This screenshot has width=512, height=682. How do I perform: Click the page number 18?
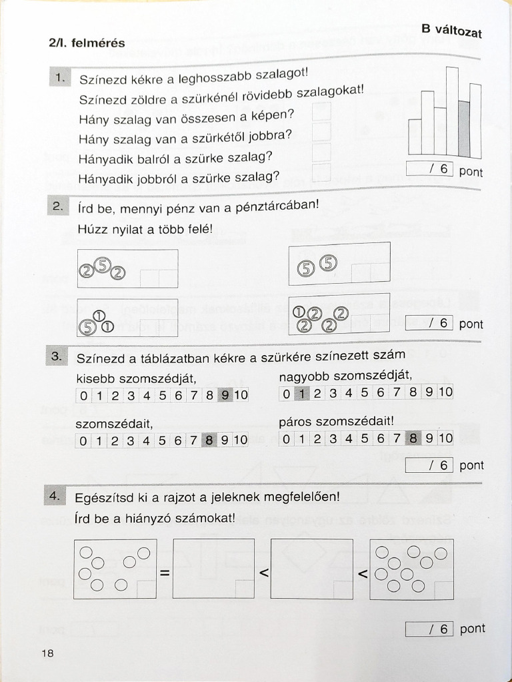pyautogui.click(x=47, y=653)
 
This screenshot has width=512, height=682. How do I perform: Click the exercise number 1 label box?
pyautogui.click(x=59, y=78)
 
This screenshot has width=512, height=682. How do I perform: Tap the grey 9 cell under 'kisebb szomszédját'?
pyautogui.click(x=225, y=396)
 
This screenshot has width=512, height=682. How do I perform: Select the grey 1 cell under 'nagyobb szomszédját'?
pyautogui.click(x=302, y=393)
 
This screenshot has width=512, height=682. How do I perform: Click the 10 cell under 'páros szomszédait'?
pyautogui.click(x=445, y=438)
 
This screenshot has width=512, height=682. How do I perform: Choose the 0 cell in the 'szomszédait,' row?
pyautogui.click(x=83, y=440)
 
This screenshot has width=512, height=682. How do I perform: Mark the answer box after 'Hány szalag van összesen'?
pyautogui.click(x=321, y=113)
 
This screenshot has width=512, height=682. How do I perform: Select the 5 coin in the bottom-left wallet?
pyautogui.click(x=87, y=326)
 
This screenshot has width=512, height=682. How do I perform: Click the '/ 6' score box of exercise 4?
pyautogui.click(x=429, y=629)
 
